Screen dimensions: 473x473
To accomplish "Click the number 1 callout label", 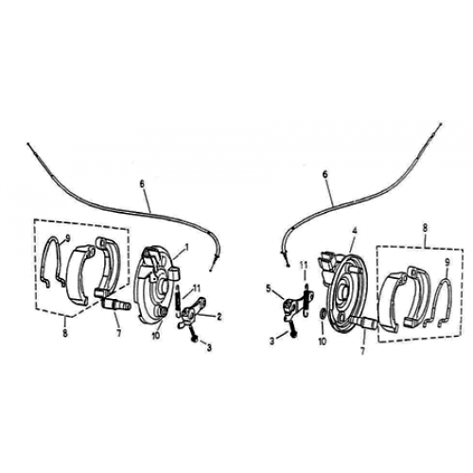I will point(187,245).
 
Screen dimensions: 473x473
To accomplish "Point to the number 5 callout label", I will point(268,287).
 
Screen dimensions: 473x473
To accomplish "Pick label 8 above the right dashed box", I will point(427,228).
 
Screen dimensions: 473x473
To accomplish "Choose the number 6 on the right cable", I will point(325,174).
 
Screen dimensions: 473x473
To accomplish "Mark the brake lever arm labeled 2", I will point(196,307).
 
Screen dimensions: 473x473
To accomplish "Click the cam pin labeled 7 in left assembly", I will point(121,305).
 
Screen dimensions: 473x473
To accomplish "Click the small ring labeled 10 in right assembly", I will point(325,314).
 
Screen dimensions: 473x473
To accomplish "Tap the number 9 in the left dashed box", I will point(68,236).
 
